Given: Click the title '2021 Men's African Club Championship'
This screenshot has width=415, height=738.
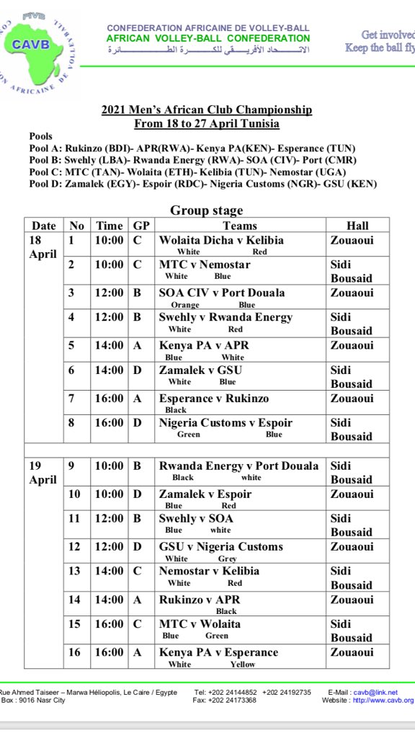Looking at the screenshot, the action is [207, 110].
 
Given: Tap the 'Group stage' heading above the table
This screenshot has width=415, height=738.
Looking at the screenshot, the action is [207, 210].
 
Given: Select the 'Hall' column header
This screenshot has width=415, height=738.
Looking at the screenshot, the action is [357, 226].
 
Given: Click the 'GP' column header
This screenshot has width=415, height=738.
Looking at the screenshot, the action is [140, 226].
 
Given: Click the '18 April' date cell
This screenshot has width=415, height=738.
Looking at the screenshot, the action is [43, 247].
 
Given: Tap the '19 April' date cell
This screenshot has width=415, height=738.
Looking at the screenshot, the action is [43, 473].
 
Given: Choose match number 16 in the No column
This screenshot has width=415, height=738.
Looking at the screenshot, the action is [76, 652].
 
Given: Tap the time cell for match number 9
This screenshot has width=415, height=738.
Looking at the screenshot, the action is [110, 466].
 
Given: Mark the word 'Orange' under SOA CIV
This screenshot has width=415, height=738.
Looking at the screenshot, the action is [185, 305].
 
